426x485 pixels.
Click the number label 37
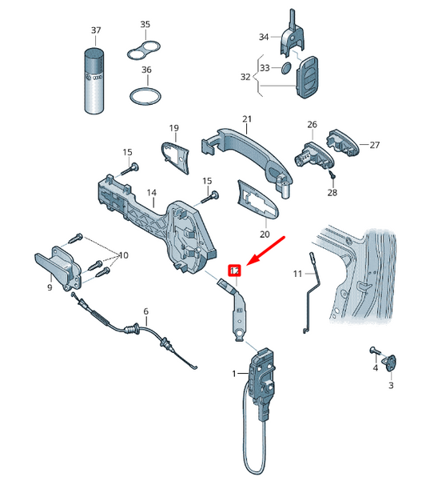[96, 30]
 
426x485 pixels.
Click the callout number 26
[313, 124]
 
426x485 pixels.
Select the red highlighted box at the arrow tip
[234, 271]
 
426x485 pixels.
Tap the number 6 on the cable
[145, 311]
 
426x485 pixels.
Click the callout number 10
[123, 255]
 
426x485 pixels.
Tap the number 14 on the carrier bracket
[151, 193]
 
